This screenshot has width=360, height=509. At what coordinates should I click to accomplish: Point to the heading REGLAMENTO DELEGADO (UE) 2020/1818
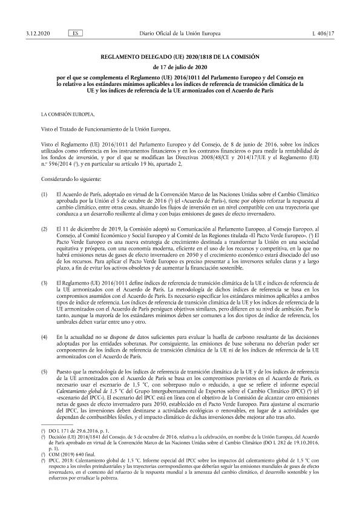179,56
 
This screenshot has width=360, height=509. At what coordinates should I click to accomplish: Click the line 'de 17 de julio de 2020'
179,67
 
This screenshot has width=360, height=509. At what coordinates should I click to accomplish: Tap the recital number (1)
44,177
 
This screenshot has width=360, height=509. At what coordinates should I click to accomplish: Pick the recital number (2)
44,213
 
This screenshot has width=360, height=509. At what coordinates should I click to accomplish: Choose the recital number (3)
44,266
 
